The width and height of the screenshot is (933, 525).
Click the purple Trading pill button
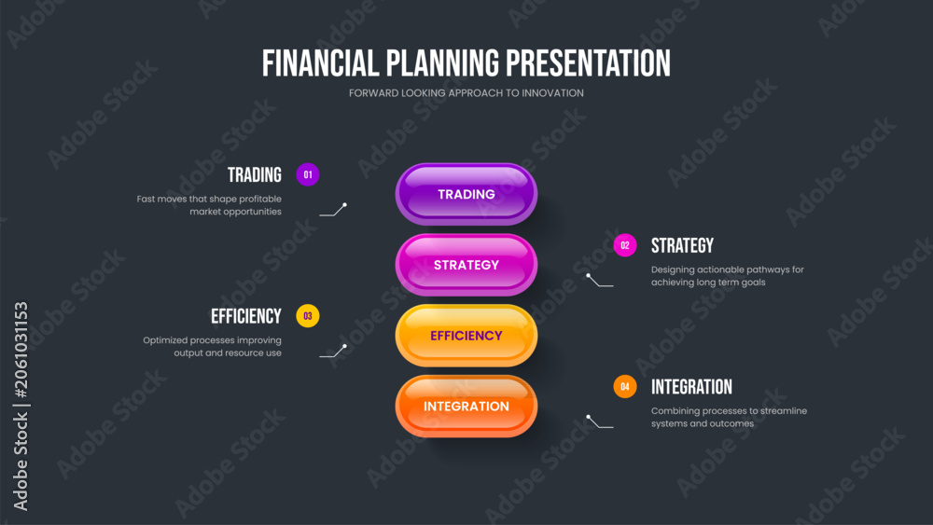point(466,194)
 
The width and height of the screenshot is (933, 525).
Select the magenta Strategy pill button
point(466,265)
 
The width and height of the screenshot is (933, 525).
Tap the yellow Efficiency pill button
point(466,336)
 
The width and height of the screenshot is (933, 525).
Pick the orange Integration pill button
point(466,406)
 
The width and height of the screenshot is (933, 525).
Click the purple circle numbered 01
point(308,174)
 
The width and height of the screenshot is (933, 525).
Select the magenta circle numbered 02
point(625,245)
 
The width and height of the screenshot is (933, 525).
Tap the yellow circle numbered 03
point(308,316)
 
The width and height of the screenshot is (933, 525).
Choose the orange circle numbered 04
point(625,386)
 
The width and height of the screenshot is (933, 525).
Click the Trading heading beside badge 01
point(254,174)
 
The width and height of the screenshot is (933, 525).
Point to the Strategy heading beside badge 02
point(682,245)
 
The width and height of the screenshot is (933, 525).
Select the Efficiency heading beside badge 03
point(245,316)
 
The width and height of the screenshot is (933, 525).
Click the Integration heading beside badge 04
point(691,387)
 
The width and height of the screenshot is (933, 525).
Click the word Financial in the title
point(320,63)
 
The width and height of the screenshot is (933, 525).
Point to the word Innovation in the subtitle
point(552,92)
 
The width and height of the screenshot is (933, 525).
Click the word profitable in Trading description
point(258,200)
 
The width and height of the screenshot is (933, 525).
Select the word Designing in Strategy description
point(673,269)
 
